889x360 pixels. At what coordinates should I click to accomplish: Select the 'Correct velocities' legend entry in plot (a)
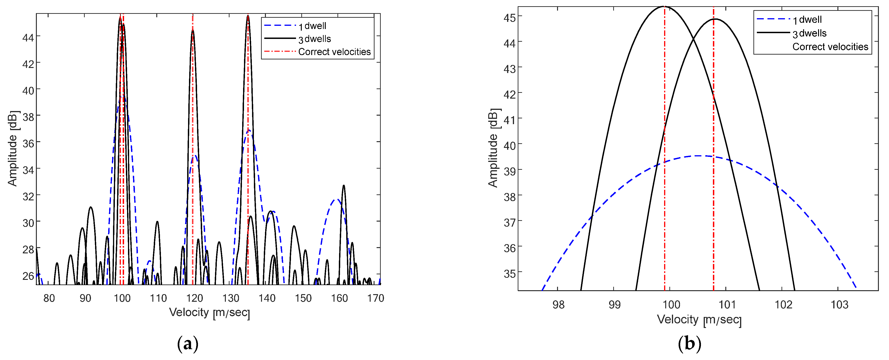334,52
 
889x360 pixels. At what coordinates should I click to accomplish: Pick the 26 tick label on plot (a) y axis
28,276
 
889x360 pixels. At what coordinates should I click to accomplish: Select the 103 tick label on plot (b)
839,305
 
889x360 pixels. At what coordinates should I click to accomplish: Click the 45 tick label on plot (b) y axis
509,17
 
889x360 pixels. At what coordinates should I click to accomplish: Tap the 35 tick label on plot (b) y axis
509,274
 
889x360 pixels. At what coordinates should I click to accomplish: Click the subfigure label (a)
188,344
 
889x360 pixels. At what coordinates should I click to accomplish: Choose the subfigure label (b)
689,344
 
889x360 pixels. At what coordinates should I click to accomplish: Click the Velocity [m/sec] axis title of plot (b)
699,320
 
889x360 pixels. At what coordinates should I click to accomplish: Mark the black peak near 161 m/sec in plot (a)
343,186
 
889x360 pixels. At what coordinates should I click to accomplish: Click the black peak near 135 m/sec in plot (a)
248,16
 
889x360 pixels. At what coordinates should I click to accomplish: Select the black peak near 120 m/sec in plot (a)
193,30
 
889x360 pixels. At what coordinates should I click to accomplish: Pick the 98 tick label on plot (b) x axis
558,305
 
